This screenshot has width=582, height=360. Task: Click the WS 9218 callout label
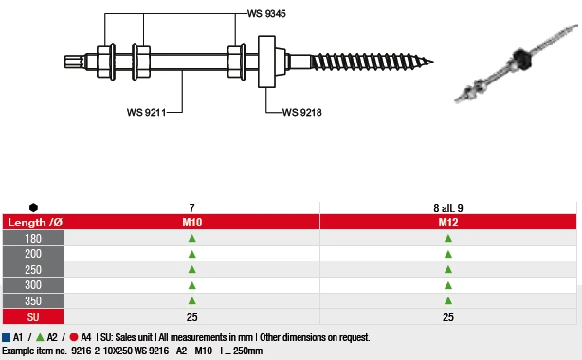pyautogui.click(x=302, y=112)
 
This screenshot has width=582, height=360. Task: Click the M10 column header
pyautogui.click(x=191, y=222)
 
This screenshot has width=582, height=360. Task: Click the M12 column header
pyautogui.click(x=448, y=222)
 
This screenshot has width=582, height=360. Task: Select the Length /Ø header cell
pyautogui.click(x=34, y=222)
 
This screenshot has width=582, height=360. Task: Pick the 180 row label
pyautogui.click(x=33, y=238)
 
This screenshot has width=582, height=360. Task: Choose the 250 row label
pyautogui.click(x=33, y=269)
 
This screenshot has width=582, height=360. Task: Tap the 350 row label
pyautogui.click(x=33, y=300)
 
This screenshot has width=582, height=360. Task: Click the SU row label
pyautogui.click(x=33, y=316)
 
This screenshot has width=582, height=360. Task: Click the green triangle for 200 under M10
pyautogui.click(x=191, y=254)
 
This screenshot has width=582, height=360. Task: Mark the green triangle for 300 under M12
pyautogui.click(x=448, y=285)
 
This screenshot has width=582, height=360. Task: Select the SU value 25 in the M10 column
pyautogui.click(x=191, y=316)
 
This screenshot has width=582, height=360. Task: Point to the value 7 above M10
pyautogui.click(x=191, y=207)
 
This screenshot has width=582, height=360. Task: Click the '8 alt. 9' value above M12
pyautogui.click(x=448, y=207)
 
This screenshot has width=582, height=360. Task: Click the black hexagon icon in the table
pyautogui.click(x=33, y=207)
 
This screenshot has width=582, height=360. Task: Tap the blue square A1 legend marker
pyautogui.click(x=6, y=337)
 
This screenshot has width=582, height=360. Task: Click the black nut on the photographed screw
pyautogui.click(x=521, y=55)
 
